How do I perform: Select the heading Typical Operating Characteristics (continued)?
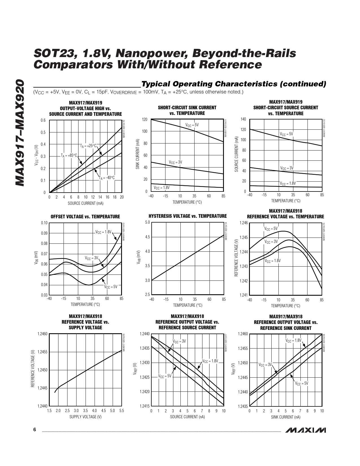[234, 84]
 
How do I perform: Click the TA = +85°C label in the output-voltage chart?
[69, 156]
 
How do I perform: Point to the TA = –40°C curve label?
[107, 178]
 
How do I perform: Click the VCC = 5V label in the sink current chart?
[192, 125]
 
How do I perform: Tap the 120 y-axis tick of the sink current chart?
[145, 119]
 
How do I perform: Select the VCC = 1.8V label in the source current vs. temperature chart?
[288, 183]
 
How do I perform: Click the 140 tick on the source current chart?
[243, 119]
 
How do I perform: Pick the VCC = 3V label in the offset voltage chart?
[91, 258]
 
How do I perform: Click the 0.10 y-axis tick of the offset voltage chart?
[44, 223]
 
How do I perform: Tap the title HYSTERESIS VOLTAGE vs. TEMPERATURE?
[187, 216]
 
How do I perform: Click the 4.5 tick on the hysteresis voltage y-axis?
[147, 237]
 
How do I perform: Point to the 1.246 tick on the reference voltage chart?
[244, 223]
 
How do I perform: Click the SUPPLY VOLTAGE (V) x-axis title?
[85, 417]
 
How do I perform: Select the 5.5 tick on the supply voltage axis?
[121, 411]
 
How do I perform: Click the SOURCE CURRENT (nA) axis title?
[187, 417]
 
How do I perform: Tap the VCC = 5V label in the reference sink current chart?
[302, 383]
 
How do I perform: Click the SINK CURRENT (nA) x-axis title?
[285, 417]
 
